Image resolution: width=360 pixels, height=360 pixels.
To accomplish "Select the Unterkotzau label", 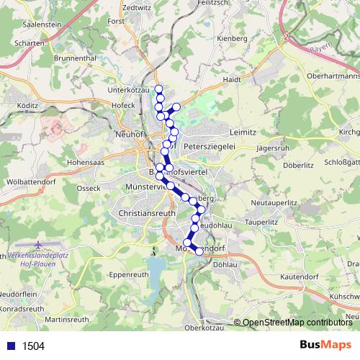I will click(x=129, y=90).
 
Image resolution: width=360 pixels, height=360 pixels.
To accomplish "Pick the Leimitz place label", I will click(x=243, y=133).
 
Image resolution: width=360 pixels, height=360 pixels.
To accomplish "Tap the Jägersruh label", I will click(x=271, y=147).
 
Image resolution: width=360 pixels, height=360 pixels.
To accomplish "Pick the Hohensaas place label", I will click(x=86, y=163).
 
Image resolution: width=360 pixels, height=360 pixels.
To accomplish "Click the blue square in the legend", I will click(x=11, y=346).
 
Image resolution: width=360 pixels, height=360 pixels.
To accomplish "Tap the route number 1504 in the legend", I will click(x=33, y=346).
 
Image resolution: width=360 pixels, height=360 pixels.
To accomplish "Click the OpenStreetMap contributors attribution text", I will click(x=297, y=323).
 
